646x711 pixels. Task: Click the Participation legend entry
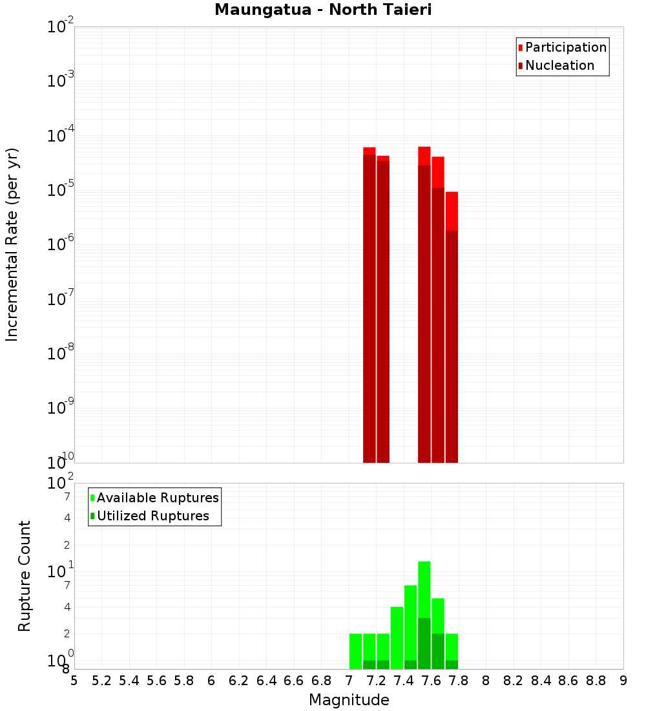pos(566,47)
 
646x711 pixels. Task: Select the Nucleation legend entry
pos(559,65)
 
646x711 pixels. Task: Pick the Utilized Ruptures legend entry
pos(152,516)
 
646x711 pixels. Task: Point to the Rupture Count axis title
pos(25,576)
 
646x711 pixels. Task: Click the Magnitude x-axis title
pos(349,700)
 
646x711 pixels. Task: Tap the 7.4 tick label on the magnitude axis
pos(404,680)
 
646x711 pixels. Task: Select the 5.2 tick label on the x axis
pos(101,680)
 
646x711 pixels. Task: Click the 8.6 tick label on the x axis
pos(568,680)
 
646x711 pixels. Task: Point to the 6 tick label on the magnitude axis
pos(211,680)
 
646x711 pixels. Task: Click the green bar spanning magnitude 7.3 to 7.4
pos(397,637)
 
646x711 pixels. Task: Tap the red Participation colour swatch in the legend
pos(521,47)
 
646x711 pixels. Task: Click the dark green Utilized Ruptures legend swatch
pos(92,516)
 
